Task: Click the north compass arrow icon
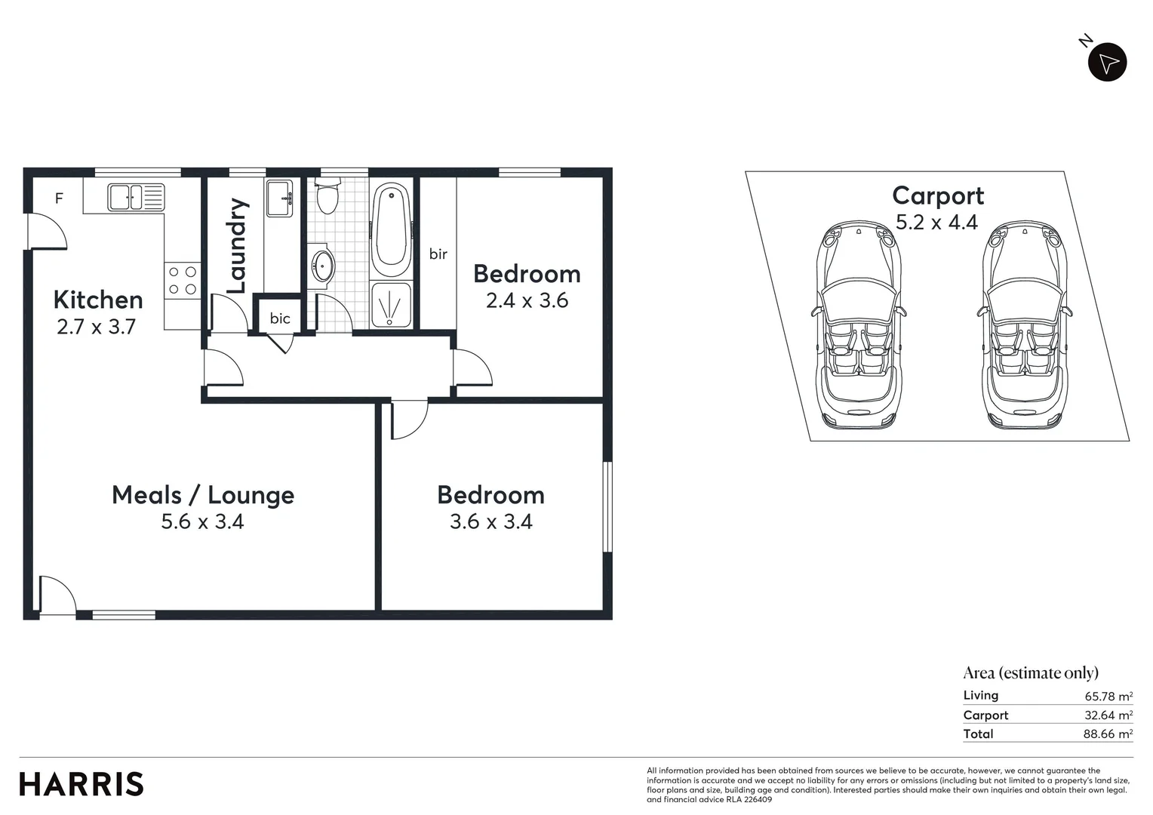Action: [1107, 63]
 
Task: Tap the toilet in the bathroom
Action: [327, 197]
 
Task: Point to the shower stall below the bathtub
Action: [391, 305]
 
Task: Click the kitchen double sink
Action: [136, 197]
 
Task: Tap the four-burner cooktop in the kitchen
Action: [183, 280]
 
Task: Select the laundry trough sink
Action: [279, 198]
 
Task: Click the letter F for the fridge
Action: [59, 198]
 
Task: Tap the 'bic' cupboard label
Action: [280, 318]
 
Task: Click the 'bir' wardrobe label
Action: [438, 254]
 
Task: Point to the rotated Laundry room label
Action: [237, 246]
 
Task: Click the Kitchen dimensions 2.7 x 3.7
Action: [96, 327]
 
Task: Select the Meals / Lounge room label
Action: [203, 495]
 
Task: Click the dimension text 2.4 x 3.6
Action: [527, 300]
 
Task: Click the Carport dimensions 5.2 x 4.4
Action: [936, 223]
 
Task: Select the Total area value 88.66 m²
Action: [1108, 734]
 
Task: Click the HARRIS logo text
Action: [81, 784]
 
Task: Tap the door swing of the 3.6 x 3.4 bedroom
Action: [407, 419]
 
